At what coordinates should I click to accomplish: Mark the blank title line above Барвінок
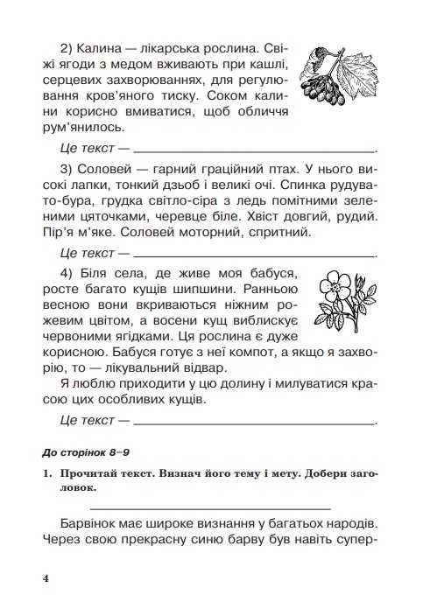(x=211, y=507)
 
